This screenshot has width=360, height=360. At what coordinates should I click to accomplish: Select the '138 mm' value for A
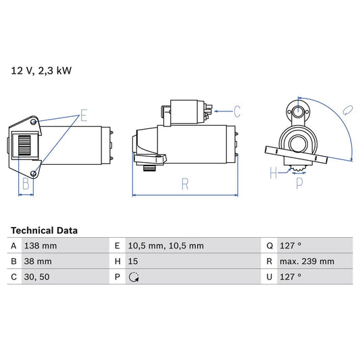(40, 246)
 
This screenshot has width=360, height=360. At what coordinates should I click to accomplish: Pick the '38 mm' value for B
(38, 261)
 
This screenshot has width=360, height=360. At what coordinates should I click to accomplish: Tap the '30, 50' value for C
(36, 277)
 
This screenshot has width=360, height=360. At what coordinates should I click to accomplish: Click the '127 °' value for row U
(290, 277)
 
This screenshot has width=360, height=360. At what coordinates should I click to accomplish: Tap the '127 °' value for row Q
(290, 246)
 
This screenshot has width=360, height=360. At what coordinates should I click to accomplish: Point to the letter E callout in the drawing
(83, 115)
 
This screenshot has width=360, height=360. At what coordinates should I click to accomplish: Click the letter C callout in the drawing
(238, 109)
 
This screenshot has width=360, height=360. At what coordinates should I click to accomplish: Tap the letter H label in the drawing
(274, 173)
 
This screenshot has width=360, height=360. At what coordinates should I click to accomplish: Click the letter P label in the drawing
(299, 182)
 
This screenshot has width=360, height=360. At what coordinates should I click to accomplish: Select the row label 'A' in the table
(14, 246)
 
